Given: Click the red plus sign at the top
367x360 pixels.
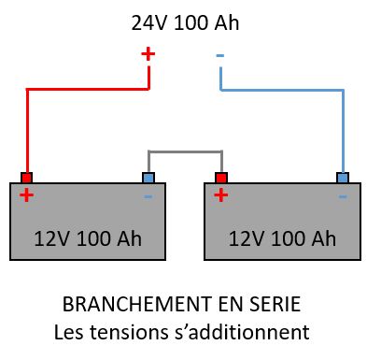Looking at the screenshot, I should coord(148,54).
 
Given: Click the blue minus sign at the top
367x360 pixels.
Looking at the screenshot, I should coord(220,56).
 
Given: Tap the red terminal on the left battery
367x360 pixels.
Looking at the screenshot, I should coord(26,178).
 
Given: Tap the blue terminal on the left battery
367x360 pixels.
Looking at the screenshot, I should coord(148,178).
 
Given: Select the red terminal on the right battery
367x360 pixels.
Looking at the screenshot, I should coord(221,178).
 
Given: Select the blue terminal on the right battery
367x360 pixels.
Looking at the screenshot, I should coord(343,178).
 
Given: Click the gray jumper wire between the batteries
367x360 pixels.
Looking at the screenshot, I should coord(185,151).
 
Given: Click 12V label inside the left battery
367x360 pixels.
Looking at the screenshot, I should coord(51,238).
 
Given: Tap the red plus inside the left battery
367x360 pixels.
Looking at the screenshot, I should coord(26,195).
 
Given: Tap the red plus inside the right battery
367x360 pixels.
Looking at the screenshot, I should coord(221,195).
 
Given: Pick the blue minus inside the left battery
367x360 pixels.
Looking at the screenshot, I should coord(148,197).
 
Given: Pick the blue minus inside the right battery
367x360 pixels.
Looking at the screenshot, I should coord(343,197).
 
